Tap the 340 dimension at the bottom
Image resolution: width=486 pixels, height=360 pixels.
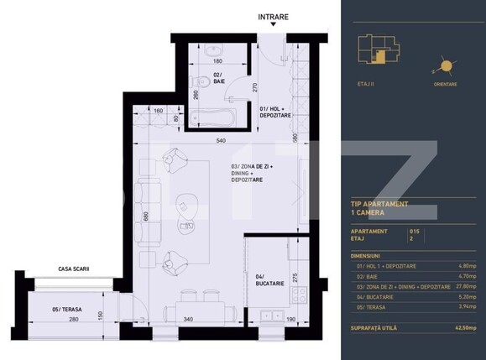click(189, 320)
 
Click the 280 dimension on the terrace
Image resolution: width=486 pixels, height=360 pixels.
click(73, 320)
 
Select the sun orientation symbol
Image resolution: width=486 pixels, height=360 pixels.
click(444, 66)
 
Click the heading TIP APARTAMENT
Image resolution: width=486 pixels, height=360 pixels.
click(379, 204)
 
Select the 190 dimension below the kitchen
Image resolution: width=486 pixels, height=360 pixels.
click(290, 320)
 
